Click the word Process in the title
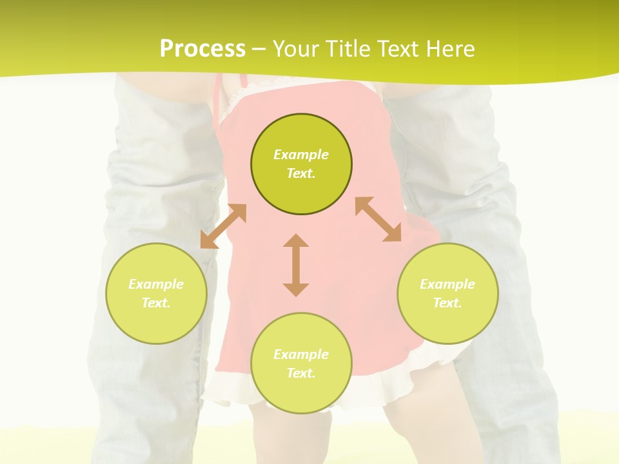202,49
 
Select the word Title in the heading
350,49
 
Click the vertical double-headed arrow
296,266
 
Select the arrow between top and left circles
223,226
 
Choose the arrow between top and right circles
378,219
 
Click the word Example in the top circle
301,155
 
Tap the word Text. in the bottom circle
301,373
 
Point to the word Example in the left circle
156,284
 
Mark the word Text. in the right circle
447,303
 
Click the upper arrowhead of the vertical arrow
296,240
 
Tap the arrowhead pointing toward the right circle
392,233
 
